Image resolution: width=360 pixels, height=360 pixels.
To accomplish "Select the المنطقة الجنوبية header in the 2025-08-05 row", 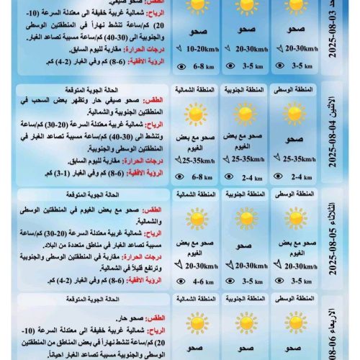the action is [x=245, y=194].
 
